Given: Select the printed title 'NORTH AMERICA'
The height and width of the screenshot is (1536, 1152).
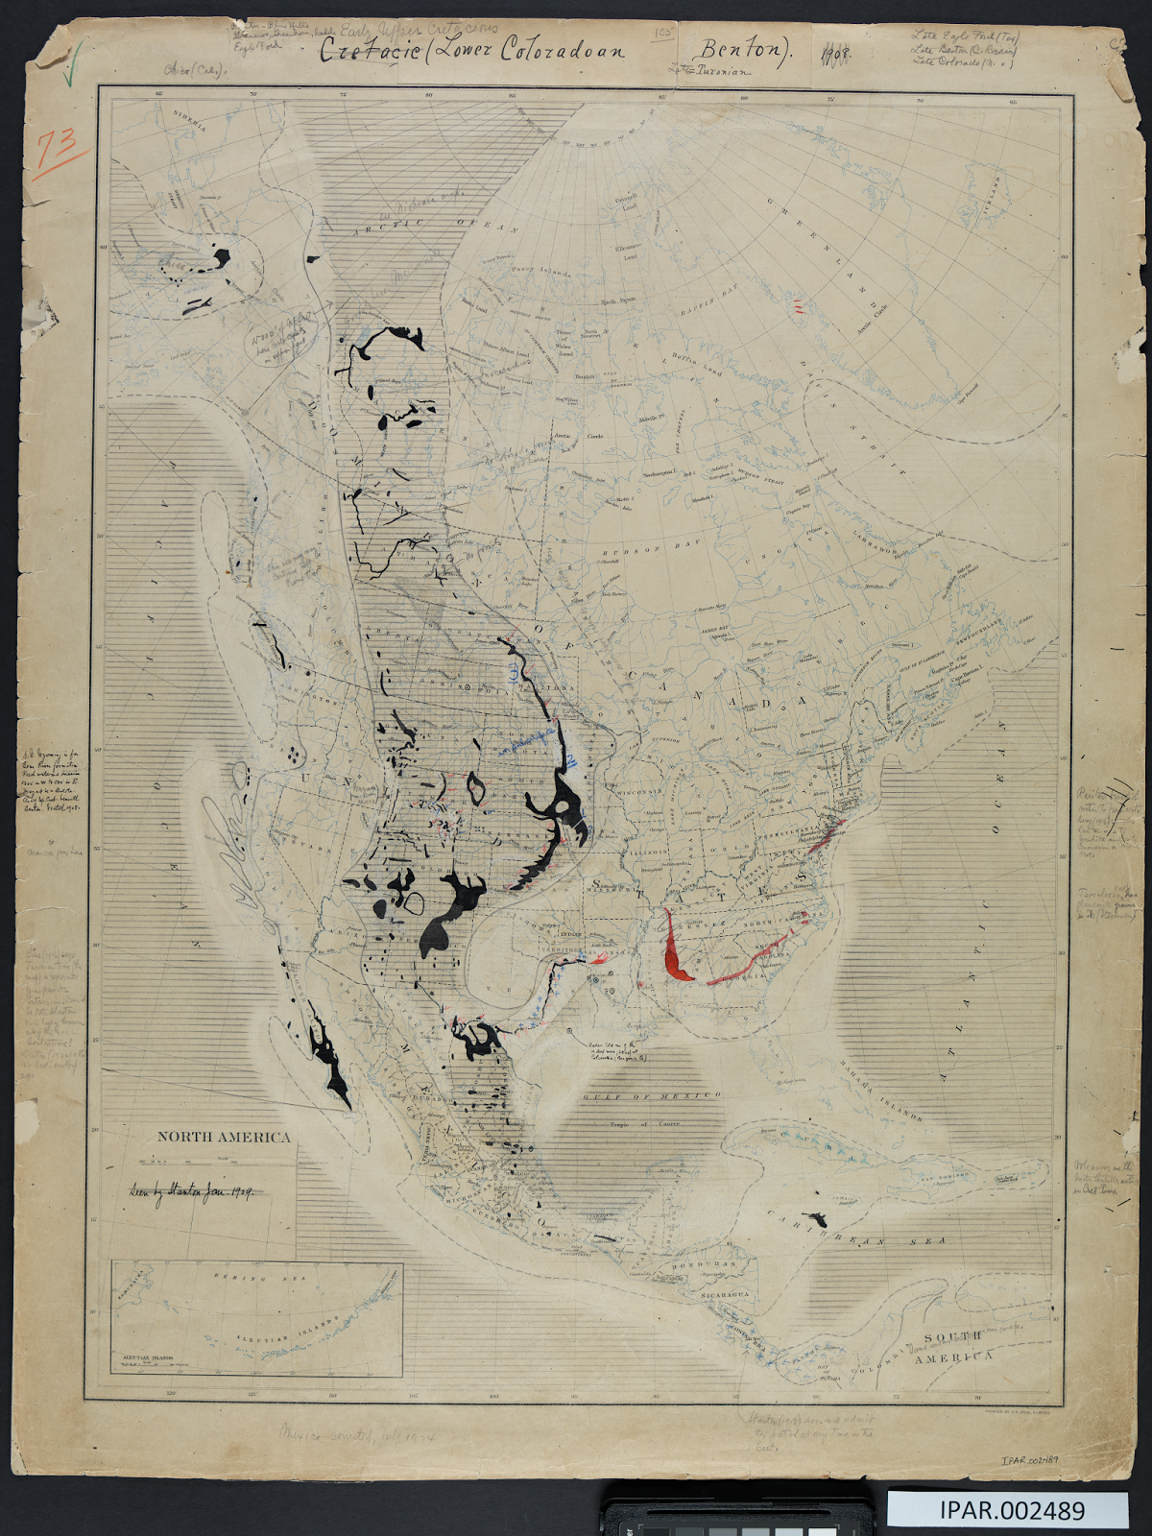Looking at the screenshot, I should point(224,1137).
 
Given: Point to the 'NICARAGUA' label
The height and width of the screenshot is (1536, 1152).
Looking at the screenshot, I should point(724,1294).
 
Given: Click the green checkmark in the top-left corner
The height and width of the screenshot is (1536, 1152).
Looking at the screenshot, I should point(68,69).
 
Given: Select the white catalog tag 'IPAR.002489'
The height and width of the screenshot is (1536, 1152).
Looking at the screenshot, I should point(1007,1509).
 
